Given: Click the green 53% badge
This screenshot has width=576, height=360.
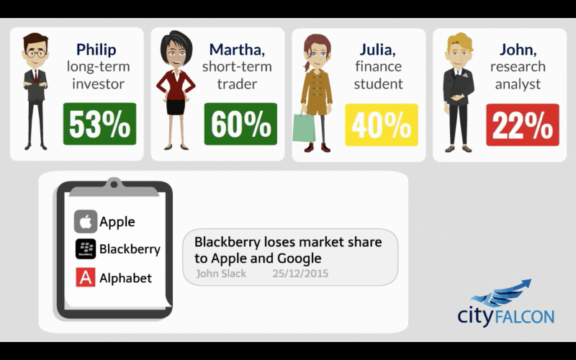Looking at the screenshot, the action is (99, 124).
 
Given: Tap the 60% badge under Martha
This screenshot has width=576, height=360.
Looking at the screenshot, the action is (240, 124).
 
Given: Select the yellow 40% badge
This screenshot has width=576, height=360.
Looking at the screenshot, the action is (382, 125).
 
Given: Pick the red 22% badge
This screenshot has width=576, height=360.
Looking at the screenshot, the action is (523, 125).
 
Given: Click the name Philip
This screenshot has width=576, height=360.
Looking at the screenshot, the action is (96, 50).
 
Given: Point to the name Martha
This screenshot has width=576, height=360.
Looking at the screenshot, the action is (237, 50).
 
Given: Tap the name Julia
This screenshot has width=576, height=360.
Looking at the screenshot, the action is (377, 50).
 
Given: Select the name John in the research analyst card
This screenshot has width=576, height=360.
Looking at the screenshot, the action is (518, 50).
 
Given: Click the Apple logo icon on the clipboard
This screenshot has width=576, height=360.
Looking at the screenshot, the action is (86, 222).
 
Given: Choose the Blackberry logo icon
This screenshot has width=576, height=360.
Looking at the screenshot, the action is (86, 249).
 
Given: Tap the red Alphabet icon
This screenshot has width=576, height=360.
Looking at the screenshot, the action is (86, 277).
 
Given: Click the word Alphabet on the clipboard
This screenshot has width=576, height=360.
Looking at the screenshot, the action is (125, 278).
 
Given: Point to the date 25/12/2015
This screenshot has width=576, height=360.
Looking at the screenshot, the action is (300, 274).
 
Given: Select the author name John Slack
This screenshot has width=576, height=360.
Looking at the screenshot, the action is (221, 274).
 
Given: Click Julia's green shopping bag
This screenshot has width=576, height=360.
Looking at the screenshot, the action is (304, 127).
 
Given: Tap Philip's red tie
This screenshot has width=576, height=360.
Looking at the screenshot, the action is (35, 76).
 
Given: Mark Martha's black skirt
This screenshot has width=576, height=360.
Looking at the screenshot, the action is (176, 107).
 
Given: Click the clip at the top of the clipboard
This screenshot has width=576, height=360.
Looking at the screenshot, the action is (114, 186).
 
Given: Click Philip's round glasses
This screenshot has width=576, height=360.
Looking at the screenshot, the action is (35, 54).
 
